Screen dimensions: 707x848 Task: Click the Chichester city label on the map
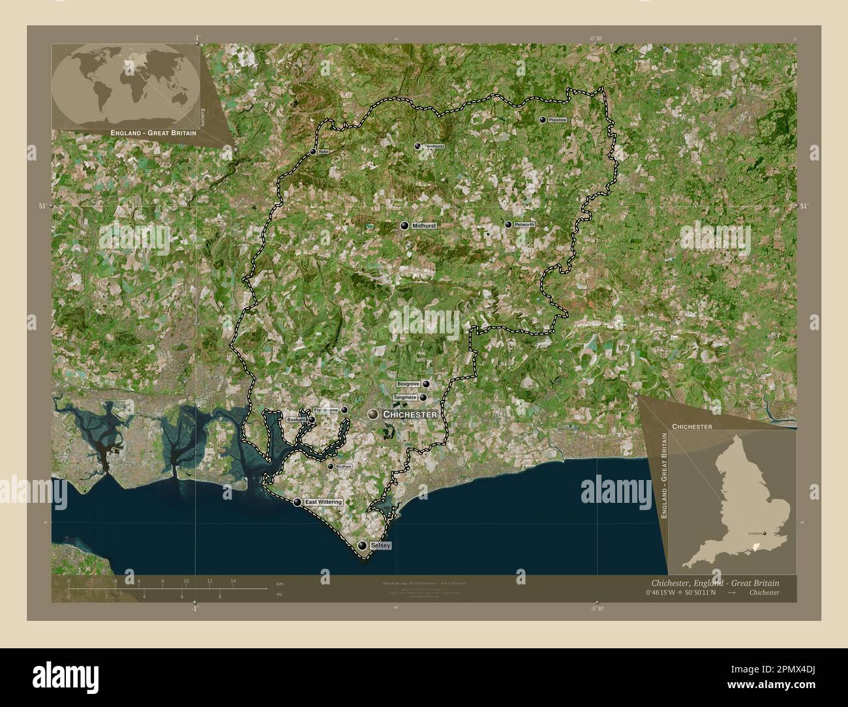(x=410, y=415)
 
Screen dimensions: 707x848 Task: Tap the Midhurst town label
(x=423, y=226)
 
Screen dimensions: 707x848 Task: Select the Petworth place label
(x=524, y=225)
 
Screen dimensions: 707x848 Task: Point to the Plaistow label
(x=558, y=121)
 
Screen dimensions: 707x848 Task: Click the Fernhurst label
(x=434, y=147)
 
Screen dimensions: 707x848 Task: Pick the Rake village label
(x=324, y=152)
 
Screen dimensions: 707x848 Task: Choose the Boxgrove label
(x=408, y=384)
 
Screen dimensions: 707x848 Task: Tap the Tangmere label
(x=405, y=397)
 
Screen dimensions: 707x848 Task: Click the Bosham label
(x=295, y=420)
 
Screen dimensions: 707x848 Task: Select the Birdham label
(x=343, y=467)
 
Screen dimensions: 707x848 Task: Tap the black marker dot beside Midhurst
(x=405, y=226)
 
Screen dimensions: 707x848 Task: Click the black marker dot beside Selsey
(x=363, y=545)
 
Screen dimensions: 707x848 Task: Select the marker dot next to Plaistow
(x=543, y=120)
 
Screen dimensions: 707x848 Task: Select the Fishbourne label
(x=326, y=410)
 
